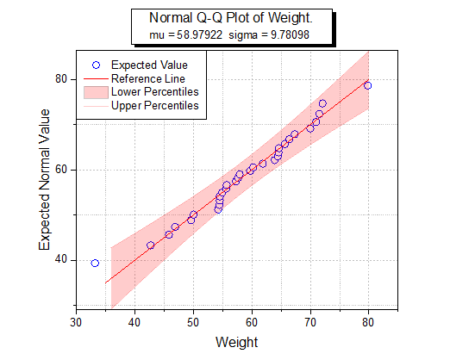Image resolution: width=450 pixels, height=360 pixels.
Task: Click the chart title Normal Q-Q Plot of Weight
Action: click(230, 18)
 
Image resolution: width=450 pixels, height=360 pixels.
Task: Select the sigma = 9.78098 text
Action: click(274, 34)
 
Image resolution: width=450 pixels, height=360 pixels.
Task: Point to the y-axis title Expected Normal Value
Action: click(46, 179)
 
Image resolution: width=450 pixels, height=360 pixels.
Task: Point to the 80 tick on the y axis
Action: click(60, 78)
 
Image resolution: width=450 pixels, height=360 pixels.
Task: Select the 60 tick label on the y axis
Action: click(60, 170)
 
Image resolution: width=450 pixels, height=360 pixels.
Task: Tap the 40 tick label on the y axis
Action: click(60, 260)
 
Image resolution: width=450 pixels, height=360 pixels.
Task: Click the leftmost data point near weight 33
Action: click(95, 263)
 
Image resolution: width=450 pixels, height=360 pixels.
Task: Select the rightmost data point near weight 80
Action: click(368, 85)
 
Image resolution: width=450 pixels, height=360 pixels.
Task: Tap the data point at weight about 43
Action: click(150, 245)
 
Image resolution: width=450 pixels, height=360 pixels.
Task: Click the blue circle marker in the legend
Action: click(97, 65)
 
